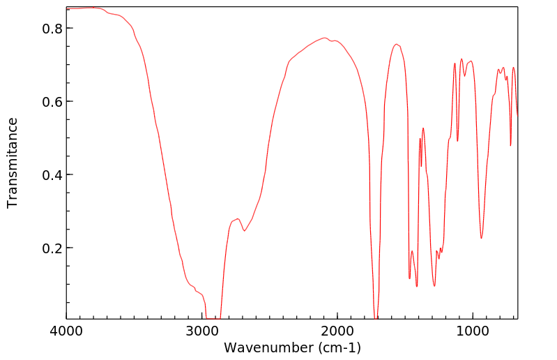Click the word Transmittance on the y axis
(x=13, y=163)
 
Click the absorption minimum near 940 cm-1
(x=481, y=238)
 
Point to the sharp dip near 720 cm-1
(x=511, y=145)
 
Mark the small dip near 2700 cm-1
(x=244, y=231)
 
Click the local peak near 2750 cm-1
(x=237, y=219)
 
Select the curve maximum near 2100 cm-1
(x=324, y=38)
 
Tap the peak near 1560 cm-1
(x=397, y=45)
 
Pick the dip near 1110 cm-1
(x=458, y=140)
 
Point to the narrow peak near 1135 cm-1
(x=455, y=63)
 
